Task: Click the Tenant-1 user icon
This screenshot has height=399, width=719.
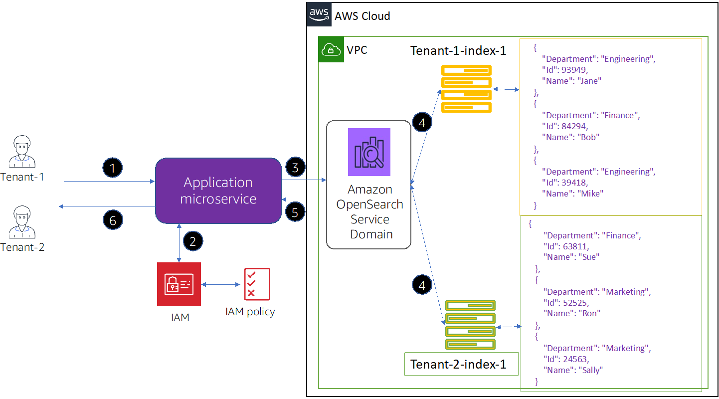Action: click(22, 151)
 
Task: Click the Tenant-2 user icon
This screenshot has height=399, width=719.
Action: click(22, 221)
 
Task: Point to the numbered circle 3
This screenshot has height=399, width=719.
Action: click(295, 168)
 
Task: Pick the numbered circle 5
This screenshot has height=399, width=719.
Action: click(295, 212)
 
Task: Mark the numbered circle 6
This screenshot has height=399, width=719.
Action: click(113, 220)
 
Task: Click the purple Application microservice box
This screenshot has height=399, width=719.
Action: click(218, 191)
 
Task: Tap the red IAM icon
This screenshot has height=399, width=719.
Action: click(179, 284)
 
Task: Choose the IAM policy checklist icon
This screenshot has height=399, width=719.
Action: click(257, 284)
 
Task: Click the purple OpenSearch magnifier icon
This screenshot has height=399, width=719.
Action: click(369, 152)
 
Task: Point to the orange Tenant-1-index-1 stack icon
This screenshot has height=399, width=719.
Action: click(466, 89)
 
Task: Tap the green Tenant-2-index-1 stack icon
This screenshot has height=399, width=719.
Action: click(470, 325)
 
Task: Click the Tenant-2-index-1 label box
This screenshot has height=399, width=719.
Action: click(458, 364)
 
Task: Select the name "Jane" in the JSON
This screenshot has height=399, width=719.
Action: click(590, 81)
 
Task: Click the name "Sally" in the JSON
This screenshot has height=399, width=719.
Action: click(591, 370)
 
